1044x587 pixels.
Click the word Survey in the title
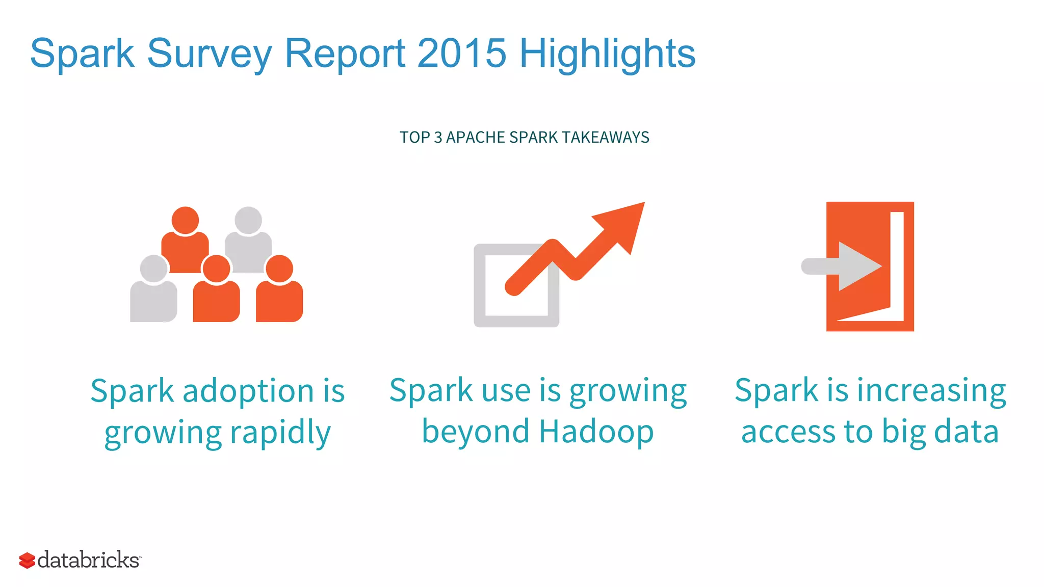coord(209,54)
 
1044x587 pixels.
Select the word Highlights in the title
coord(607,54)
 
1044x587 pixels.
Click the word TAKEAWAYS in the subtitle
coord(606,138)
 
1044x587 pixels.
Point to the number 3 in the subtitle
coord(437,138)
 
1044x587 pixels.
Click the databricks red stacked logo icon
coord(27,561)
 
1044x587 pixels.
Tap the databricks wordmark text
coord(89,560)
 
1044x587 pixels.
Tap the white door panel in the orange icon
coord(897,265)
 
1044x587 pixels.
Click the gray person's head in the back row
coord(248,220)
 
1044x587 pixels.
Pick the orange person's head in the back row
coord(185,220)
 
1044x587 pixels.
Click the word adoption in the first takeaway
coord(248,391)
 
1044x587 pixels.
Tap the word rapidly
coord(280,433)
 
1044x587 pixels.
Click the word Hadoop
coord(596,432)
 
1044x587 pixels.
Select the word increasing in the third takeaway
coord(931,391)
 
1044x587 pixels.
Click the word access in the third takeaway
coord(788,432)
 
